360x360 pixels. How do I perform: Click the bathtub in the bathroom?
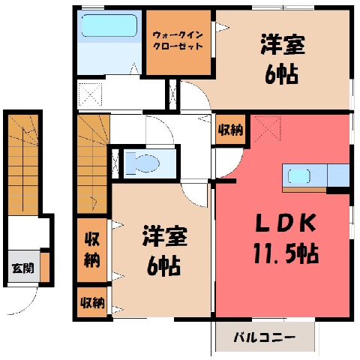pos(109,25)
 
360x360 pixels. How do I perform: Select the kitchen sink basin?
pos(298,176)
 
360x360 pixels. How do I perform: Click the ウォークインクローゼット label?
pos(178,40)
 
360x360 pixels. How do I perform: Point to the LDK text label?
pos(285,223)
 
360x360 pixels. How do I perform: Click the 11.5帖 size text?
pos(286,253)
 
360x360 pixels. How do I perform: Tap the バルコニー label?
pos(265,337)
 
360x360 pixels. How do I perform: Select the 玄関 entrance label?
pos(22,268)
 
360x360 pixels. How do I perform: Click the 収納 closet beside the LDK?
pos(230,130)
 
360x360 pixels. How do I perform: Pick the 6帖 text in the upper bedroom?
pos(281,74)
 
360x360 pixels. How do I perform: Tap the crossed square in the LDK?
pos(268,129)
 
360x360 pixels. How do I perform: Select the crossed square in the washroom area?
pos(90,95)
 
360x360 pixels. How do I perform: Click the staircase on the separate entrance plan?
pos(23,164)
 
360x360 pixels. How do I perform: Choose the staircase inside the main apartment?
pos(92,163)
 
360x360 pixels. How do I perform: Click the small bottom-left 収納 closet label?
pos(92,303)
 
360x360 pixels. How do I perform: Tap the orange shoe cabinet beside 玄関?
pos(45,267)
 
